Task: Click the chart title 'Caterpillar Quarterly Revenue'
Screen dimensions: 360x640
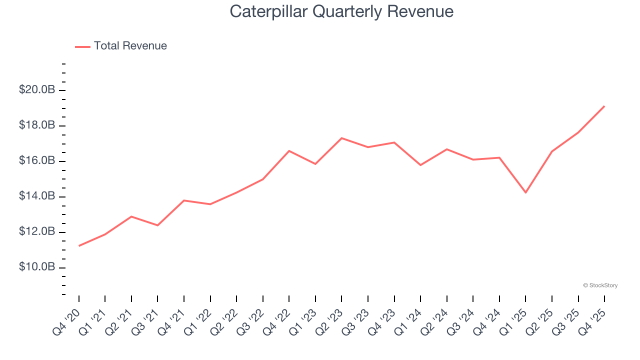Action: pos(341,11)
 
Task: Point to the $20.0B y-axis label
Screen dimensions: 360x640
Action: pos(36,90)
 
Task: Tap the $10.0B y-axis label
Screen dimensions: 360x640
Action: pos(36,267)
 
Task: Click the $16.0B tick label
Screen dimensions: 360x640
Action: pos(36,161)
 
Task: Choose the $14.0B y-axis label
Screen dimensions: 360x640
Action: pos(36,196)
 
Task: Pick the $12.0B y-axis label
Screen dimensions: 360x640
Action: pos(36,232)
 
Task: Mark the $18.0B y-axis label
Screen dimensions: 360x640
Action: pos(36,125)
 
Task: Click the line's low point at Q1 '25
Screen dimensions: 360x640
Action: pos(525,192)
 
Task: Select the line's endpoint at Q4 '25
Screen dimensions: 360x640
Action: pos(604,106)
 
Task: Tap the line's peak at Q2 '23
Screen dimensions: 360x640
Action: pos(341,138)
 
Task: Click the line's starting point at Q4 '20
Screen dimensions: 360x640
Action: pos(79,245)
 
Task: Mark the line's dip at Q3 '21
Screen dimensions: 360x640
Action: pos(157,225)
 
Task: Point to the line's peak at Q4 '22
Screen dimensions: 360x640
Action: pos(289,150)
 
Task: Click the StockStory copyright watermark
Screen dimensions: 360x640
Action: pos(600,285)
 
